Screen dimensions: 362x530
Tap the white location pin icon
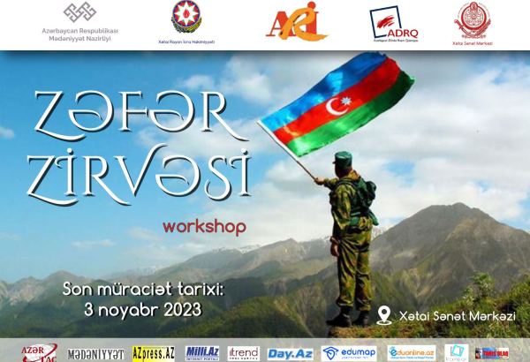pyautogui.click(x=383, y=314)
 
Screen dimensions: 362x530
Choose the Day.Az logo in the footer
pyautogui.click(x=288, y=352)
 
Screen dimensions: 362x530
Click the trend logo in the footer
pyautogui.click(x=243, y=352)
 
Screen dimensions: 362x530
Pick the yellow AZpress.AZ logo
pyautogui.click(x=153, y=352)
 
